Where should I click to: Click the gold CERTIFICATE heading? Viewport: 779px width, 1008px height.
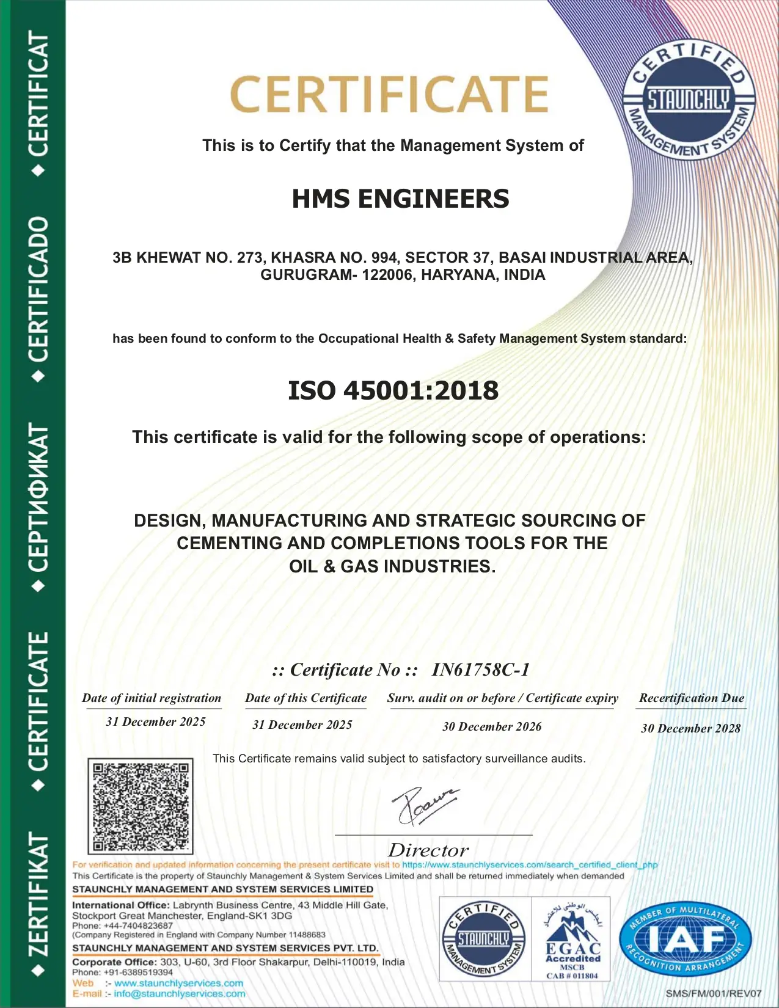click(x=389, y=95)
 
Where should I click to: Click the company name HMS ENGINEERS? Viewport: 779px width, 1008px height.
click(x=400, y=199)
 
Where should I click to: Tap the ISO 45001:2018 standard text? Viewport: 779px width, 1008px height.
click(x=393, y=391)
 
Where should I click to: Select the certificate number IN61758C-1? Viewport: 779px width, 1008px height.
click(x=480, y=670)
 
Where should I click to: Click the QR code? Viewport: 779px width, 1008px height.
click(x=141, y=806)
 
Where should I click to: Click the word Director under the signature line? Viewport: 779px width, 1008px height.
click(x=428, y=850)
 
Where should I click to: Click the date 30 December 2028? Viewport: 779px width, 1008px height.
click(x=690, y=728)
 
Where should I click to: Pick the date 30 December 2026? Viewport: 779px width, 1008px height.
click(x=492, y=726)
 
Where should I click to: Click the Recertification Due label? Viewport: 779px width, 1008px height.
click(x=692, y=698)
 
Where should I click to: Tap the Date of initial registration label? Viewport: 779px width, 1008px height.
click(x=152, y=698)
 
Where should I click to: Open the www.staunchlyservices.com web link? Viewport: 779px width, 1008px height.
click(x=178, y=983)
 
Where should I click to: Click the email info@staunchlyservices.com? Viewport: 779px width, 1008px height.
click(x=180, y=994)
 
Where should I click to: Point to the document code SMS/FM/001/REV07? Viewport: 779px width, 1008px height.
click(x=714, y=993)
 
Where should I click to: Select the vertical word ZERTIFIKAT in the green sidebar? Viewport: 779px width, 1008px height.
click(x=38, y=895)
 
